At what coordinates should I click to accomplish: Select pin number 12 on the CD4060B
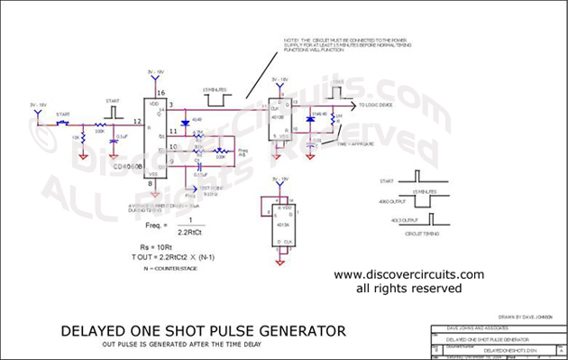click(x=137, y=122)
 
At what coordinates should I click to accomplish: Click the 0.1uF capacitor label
click(x=121, y=136)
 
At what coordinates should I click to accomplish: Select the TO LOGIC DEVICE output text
click(x=377, y=106)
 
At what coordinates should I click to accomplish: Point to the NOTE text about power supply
click(x=347, y=50)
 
